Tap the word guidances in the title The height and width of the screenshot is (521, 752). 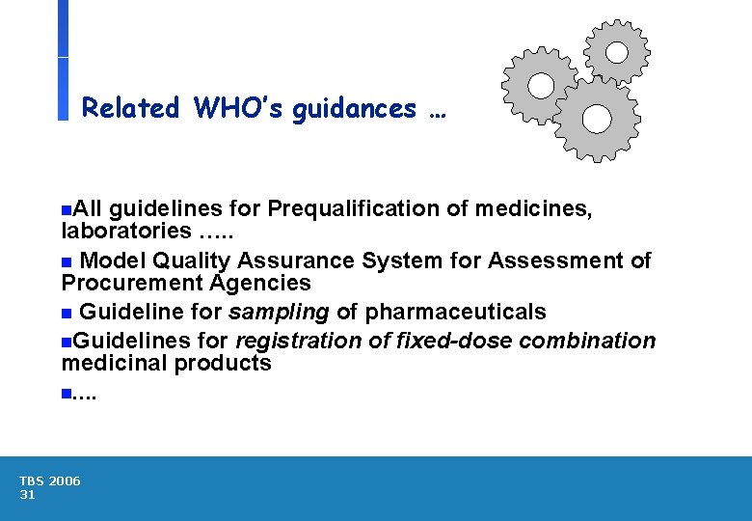click(355, 108)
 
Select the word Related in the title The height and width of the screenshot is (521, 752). click(131, 108)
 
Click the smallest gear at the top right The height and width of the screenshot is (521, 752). click(617, 50)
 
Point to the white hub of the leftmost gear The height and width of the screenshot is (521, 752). click(541, 86)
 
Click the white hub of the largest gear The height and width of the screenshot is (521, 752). click(597, 119)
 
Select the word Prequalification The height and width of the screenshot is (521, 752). click(367, 208)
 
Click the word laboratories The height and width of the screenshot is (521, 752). click(126, 231)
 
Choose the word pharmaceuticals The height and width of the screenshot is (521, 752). click(455, 312)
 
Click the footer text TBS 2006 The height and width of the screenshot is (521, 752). click(50, 480)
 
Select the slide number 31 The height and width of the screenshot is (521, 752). click(27, 495)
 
